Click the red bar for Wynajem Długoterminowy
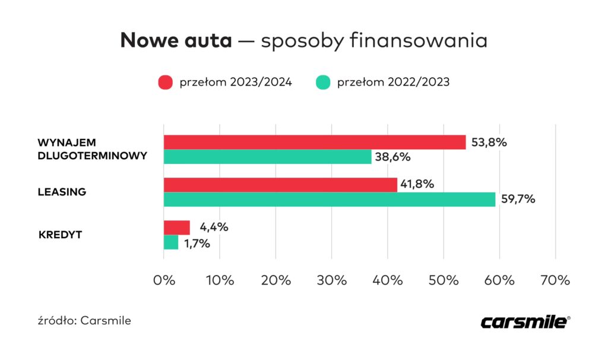point(315,143)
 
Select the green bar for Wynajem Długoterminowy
point(268,157)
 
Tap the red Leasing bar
point(280,185)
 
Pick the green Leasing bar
point(330,200)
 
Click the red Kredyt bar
point(177,228)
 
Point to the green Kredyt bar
point(171,242)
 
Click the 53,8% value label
point(489,143)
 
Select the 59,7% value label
point(518,200)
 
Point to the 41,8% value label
point(417,185)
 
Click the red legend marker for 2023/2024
point(165,83)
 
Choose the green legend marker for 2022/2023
point(322,83)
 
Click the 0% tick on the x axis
point(164,280)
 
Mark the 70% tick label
point(555,280)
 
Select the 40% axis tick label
point(387,280)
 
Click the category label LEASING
point(62,192)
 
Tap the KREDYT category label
point(60,235)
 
